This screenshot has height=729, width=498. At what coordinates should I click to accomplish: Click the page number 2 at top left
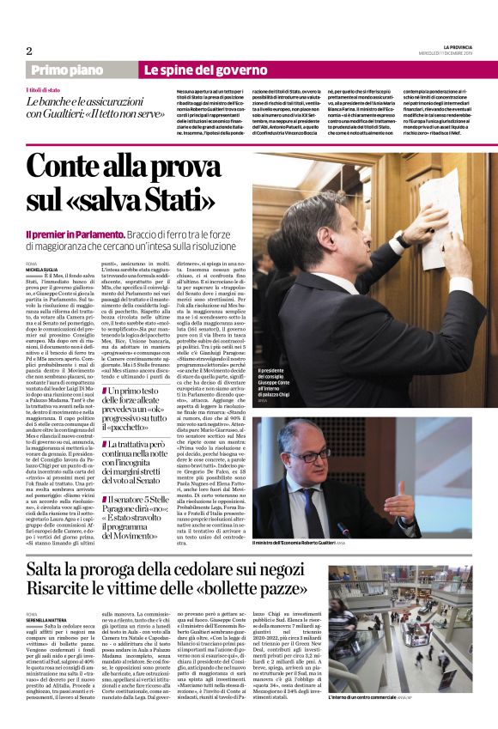pyautogui.click(x=29, y=50)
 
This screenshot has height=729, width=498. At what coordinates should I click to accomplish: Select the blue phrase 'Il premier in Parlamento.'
pyautogui.click(x=75, y=234)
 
